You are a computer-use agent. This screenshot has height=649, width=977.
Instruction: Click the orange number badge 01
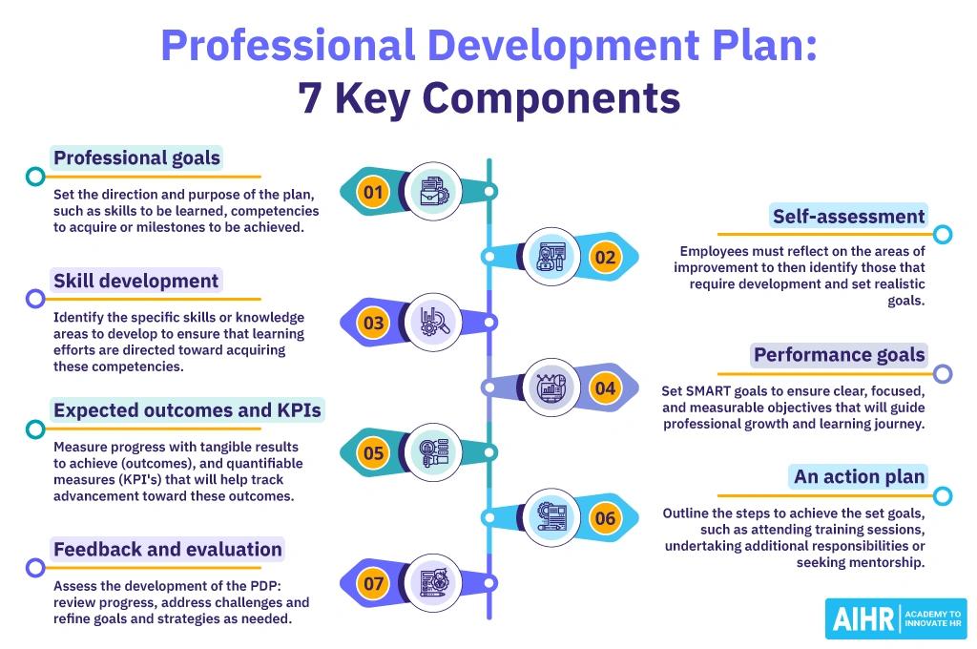point(372,193)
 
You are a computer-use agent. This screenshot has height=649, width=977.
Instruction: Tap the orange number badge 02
point(605,257)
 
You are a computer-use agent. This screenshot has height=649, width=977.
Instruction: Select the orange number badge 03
point(372,323)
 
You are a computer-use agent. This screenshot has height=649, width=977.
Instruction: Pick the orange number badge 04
point(605,388)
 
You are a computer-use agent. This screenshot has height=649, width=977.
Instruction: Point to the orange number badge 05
point(372,453)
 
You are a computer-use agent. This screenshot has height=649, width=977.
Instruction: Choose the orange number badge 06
point(605,518)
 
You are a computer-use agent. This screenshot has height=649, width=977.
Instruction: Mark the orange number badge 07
point(372,582)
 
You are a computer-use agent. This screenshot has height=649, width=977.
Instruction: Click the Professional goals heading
point(136,157)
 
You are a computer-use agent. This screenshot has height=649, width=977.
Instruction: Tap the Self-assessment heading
point(848,217)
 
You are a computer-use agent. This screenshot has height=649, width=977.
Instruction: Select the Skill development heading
point(136,281)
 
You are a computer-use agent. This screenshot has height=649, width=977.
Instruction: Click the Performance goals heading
point(839,355)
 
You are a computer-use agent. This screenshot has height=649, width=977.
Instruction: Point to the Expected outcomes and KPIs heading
point(187,410)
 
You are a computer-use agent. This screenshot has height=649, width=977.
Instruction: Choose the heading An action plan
point(859,476)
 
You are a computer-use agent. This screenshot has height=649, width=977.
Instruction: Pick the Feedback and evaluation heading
point(168,549)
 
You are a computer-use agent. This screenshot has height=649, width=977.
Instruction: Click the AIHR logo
point(895,618)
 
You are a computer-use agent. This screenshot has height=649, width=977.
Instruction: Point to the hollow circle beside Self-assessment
point(943,235)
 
